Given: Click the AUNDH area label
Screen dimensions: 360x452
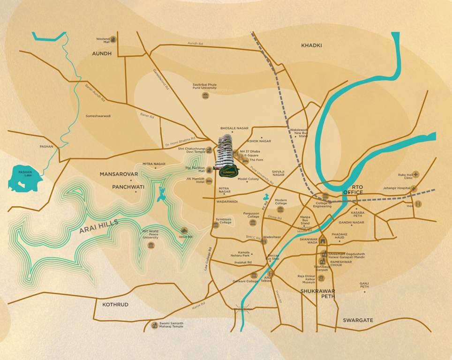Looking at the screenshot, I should click(102, 54).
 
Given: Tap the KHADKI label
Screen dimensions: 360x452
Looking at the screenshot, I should click(312, 45).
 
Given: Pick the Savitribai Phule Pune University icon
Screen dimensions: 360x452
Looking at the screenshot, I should click(205, 96).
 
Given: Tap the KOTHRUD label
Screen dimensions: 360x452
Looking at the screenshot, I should click(115, 305).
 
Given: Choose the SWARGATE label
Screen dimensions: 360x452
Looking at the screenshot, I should click(358, 320).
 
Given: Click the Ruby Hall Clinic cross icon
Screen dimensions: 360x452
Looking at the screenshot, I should click(416, 174).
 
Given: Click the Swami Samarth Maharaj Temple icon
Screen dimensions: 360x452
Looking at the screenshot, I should click(155, 325).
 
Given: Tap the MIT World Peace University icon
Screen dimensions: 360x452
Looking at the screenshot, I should click(151, 245).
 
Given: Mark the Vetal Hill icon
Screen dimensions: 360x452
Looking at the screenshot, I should click(184, 231).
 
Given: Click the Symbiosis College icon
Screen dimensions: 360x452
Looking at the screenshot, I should click(216, 225).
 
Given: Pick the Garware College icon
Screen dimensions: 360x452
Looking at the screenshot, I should click(254, 275).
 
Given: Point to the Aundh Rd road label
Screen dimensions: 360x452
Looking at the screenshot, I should click(195, 43).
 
